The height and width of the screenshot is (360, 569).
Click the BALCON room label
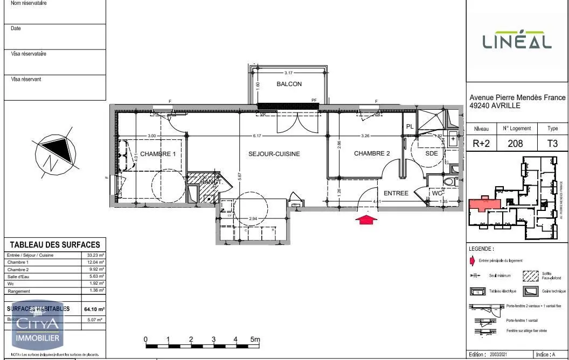tap(289, 84)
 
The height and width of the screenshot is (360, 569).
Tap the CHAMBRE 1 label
tap(158, 154)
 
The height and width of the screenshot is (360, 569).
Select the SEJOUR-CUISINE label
tap(274, 154)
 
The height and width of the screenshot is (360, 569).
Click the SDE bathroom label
tap(432, 154)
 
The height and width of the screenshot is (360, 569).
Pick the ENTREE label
tap(396, 193)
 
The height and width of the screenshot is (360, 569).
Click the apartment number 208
tap(517, 144)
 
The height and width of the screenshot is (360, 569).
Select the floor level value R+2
tap(481, 144)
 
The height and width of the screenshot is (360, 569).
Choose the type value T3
tap(552, 144)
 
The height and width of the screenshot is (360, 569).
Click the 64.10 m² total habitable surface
tap(94, 309)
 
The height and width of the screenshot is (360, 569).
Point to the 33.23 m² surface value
tap(96, 255)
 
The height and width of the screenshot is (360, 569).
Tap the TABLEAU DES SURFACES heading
tap(55, 245)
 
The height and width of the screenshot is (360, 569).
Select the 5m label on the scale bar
tap(255, 340)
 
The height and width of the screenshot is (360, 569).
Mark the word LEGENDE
tap(481, 249)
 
